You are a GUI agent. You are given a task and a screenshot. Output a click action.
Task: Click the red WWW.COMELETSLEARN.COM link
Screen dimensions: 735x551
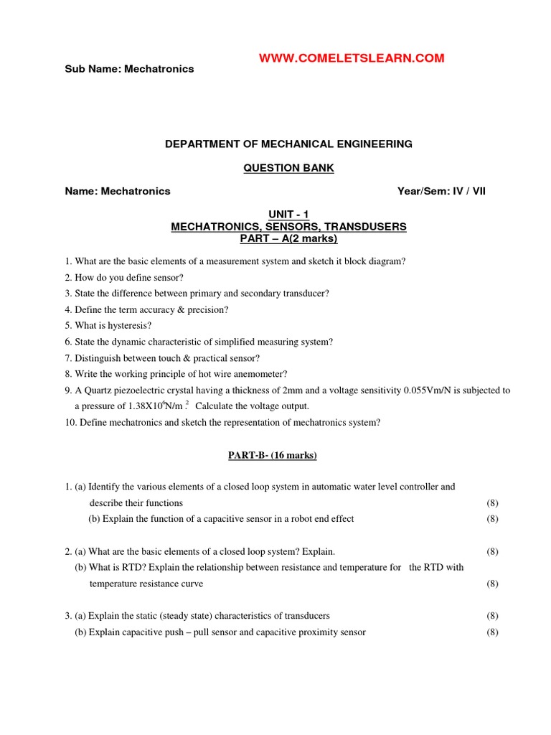[352, 58]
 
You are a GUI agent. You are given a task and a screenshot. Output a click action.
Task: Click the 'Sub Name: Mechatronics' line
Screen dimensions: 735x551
[129, 69]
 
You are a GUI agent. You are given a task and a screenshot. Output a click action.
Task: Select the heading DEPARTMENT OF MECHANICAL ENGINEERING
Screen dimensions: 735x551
[288, 144]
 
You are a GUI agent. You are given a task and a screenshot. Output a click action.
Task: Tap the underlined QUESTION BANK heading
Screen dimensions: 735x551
[288, 168]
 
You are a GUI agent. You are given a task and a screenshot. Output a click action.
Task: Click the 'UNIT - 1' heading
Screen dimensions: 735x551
[288, 215]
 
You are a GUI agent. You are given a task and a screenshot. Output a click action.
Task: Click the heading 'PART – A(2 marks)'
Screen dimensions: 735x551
[288, 238]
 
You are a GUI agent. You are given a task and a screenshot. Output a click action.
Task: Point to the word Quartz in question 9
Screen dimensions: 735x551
[100, 390]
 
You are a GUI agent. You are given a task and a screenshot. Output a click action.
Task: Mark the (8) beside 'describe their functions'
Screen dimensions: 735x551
[492, 502]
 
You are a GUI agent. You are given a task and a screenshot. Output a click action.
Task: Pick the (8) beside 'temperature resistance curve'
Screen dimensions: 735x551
[492, 584]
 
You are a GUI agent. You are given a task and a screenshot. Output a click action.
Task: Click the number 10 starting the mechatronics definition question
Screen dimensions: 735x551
[70, 422]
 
